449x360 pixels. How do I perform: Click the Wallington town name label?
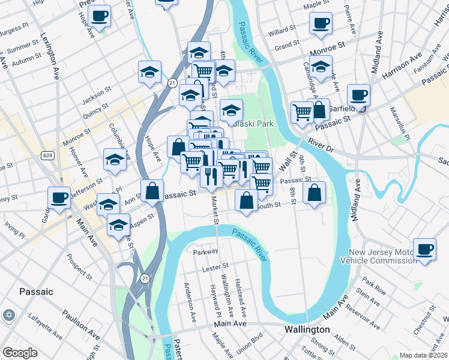[x=307, y=330]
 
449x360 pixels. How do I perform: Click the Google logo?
[x=20, y=353]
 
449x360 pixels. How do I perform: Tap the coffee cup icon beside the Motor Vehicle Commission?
[x=424, y=248]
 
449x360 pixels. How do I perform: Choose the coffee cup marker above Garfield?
[x=358, y=95]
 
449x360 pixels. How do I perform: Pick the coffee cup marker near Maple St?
[x=321, y=24]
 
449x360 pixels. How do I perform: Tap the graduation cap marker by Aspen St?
[x=119, y=225]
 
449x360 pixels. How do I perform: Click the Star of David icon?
[x=8, y=315]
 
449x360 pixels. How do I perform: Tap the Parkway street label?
[x=204, y=253]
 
